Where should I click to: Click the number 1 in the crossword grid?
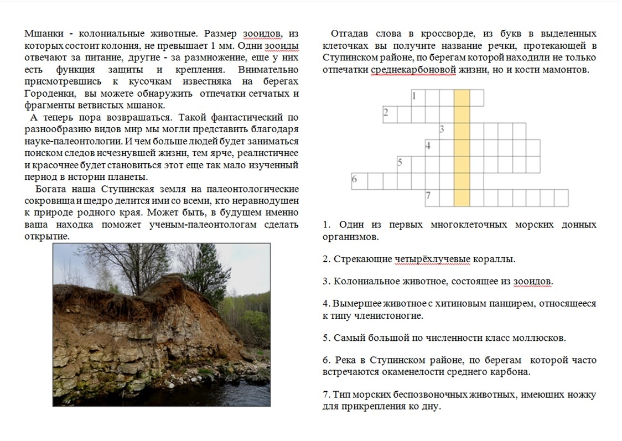[x=414, y=96]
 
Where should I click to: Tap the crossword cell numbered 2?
[x=390, y=115]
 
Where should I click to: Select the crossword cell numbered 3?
[x=447, y=131]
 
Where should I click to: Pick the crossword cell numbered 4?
[x=432, y=148]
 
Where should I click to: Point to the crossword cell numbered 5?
[x=404, y=164]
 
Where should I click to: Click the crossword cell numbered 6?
[x=359, y=181]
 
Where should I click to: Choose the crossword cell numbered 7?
[x=432, y=198]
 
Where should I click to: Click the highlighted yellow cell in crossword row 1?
[x=462, y=98]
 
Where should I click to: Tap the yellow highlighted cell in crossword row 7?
[x=462, y=198]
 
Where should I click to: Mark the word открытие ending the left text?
[x=46, y=236]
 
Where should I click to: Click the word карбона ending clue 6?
[x=512, y=372]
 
